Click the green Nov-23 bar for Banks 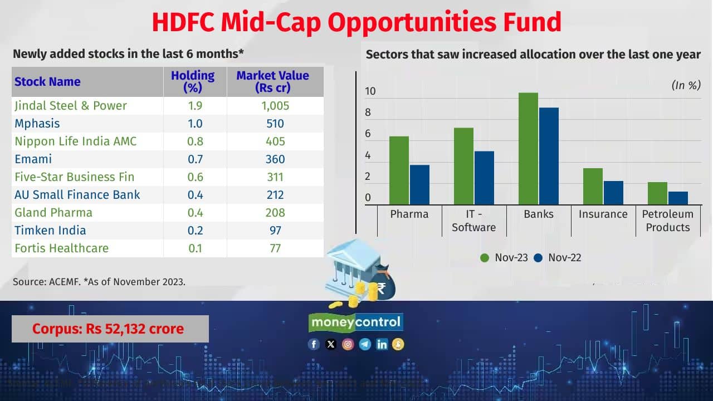point(528,149)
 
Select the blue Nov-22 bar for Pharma point(419,185)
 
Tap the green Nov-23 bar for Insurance point(593,187)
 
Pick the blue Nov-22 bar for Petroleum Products point(678,198)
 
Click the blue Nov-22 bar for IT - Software point(484,178)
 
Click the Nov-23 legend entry point(504,258)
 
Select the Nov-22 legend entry point(558,258)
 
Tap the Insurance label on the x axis point(603,214)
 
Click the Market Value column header point(272,81)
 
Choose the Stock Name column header point(47,81)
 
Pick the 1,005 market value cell point(275,106)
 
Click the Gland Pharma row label point(53,213)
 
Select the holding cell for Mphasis point(195,124)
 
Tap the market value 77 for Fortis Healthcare point(275,248)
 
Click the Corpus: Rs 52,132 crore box point(110,329)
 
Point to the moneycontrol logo point(356,322)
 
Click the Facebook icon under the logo point(314,344)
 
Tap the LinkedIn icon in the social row point(382,344)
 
